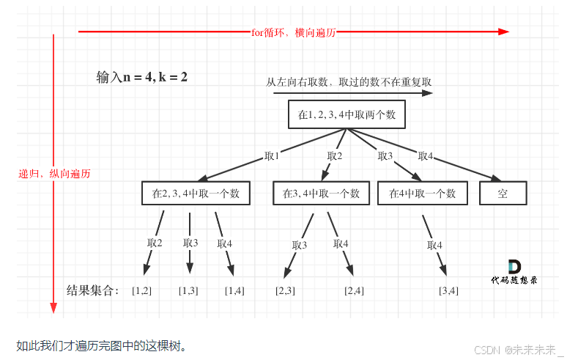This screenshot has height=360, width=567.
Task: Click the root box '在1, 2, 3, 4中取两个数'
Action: pyautogui.click(x=346, y=115)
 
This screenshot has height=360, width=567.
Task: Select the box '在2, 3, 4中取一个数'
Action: pyautogui.click(x=196, y=194)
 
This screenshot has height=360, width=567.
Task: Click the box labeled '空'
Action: pyautogui.click(x=503, y=194)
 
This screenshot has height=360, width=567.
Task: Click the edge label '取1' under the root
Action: pyautogui.click(x=272, y=156)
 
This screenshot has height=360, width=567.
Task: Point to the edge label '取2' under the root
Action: pyautogui.click(x=335, y=156)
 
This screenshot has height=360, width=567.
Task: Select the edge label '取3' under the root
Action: pyautogui.click(x=385, y=156)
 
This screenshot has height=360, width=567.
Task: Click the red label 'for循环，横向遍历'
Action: pyautogui.click(x=293, y=32)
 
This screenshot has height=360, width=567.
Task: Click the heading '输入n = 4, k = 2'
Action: pyautogui.click(x=142, y=77)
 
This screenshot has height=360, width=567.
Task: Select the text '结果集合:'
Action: pyautogui.click(x=92, y=290)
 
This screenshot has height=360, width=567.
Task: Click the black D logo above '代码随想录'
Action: pyautogui.click(x=514, y=267)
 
